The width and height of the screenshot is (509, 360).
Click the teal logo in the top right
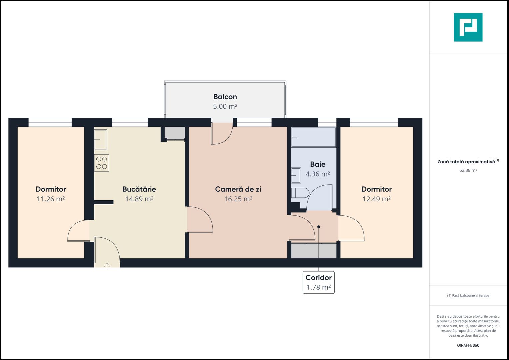click(x=468, y=27)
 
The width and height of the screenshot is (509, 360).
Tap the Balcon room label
click(x=225, y=97)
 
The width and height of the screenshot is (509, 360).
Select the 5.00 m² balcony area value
click(x=225, y=107)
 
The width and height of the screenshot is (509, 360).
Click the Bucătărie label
click(x=139, y=189)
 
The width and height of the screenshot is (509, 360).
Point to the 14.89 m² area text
click(x=139, y=199)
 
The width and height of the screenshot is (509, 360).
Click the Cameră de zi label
click(x=238, y=189)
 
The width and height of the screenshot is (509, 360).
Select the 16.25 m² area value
click(x=238, y=199)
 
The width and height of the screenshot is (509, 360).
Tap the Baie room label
click(x=318, y=164)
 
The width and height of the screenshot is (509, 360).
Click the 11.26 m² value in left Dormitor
click(x=51, y=199)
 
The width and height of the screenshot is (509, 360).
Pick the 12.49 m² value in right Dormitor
click(x=376, y=199)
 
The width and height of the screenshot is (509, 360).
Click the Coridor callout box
click(x=318, y=282)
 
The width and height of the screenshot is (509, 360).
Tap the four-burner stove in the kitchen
click(x=102, y=163)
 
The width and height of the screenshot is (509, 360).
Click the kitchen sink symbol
click(x=100, y=139)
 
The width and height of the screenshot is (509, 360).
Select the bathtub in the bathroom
click(x=314, y=137)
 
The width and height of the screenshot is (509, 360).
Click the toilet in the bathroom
click(x=300, y=193)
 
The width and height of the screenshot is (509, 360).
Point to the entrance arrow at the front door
click(x=107, y=266)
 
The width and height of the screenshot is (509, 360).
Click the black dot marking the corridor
click(x=319, y=227)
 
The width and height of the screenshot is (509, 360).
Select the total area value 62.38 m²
click(x=468, y=170)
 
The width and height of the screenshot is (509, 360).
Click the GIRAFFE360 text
click(x=468, y=345)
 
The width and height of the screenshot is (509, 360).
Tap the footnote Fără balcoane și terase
click(x=468, y=295)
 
